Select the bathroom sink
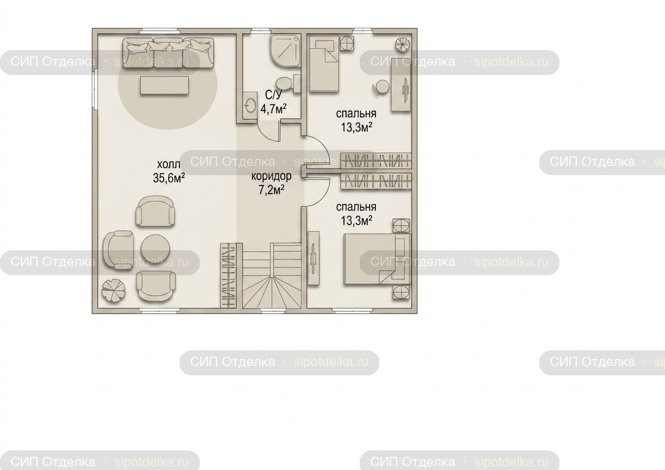[250, 105]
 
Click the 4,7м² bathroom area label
[273, 109]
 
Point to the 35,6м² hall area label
[169, 178]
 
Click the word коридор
[272, 176]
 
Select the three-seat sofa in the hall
[168, 53]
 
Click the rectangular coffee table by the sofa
[164, 85]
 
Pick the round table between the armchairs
[156, 249]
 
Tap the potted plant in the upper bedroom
[402, 45]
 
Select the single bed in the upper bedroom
[324, 63]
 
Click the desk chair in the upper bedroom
[380, 87]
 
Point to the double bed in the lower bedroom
[377, 259]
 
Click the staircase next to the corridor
[272, 275]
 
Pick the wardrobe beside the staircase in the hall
[229, 275]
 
